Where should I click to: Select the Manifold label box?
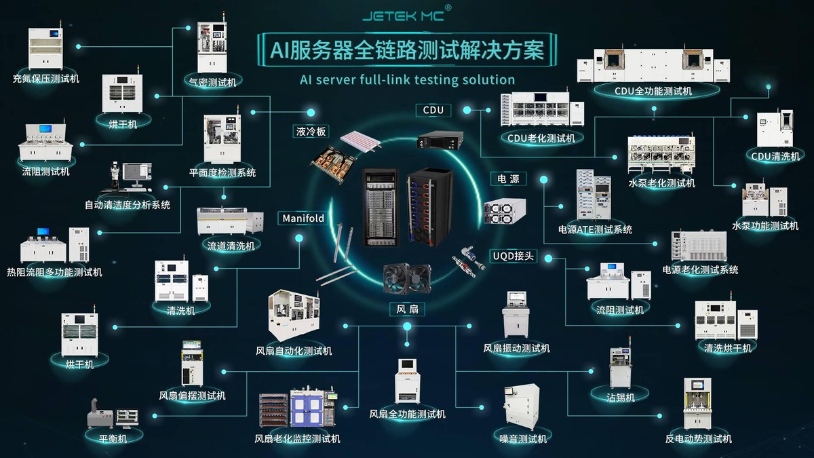click(x=303, y=218)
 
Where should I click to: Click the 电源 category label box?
click(x=508, y=179)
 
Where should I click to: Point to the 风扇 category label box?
click(x=407, y=309)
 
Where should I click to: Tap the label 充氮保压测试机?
click(x=46, y=79)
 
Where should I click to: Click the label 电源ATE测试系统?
click(x=595, y=229)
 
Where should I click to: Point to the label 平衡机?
click(x=113, y=438)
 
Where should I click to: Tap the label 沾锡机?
click(x=621, y=397)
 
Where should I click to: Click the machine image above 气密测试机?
click(x=213, y=47)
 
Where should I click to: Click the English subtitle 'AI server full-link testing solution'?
click(x=407, y=79)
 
